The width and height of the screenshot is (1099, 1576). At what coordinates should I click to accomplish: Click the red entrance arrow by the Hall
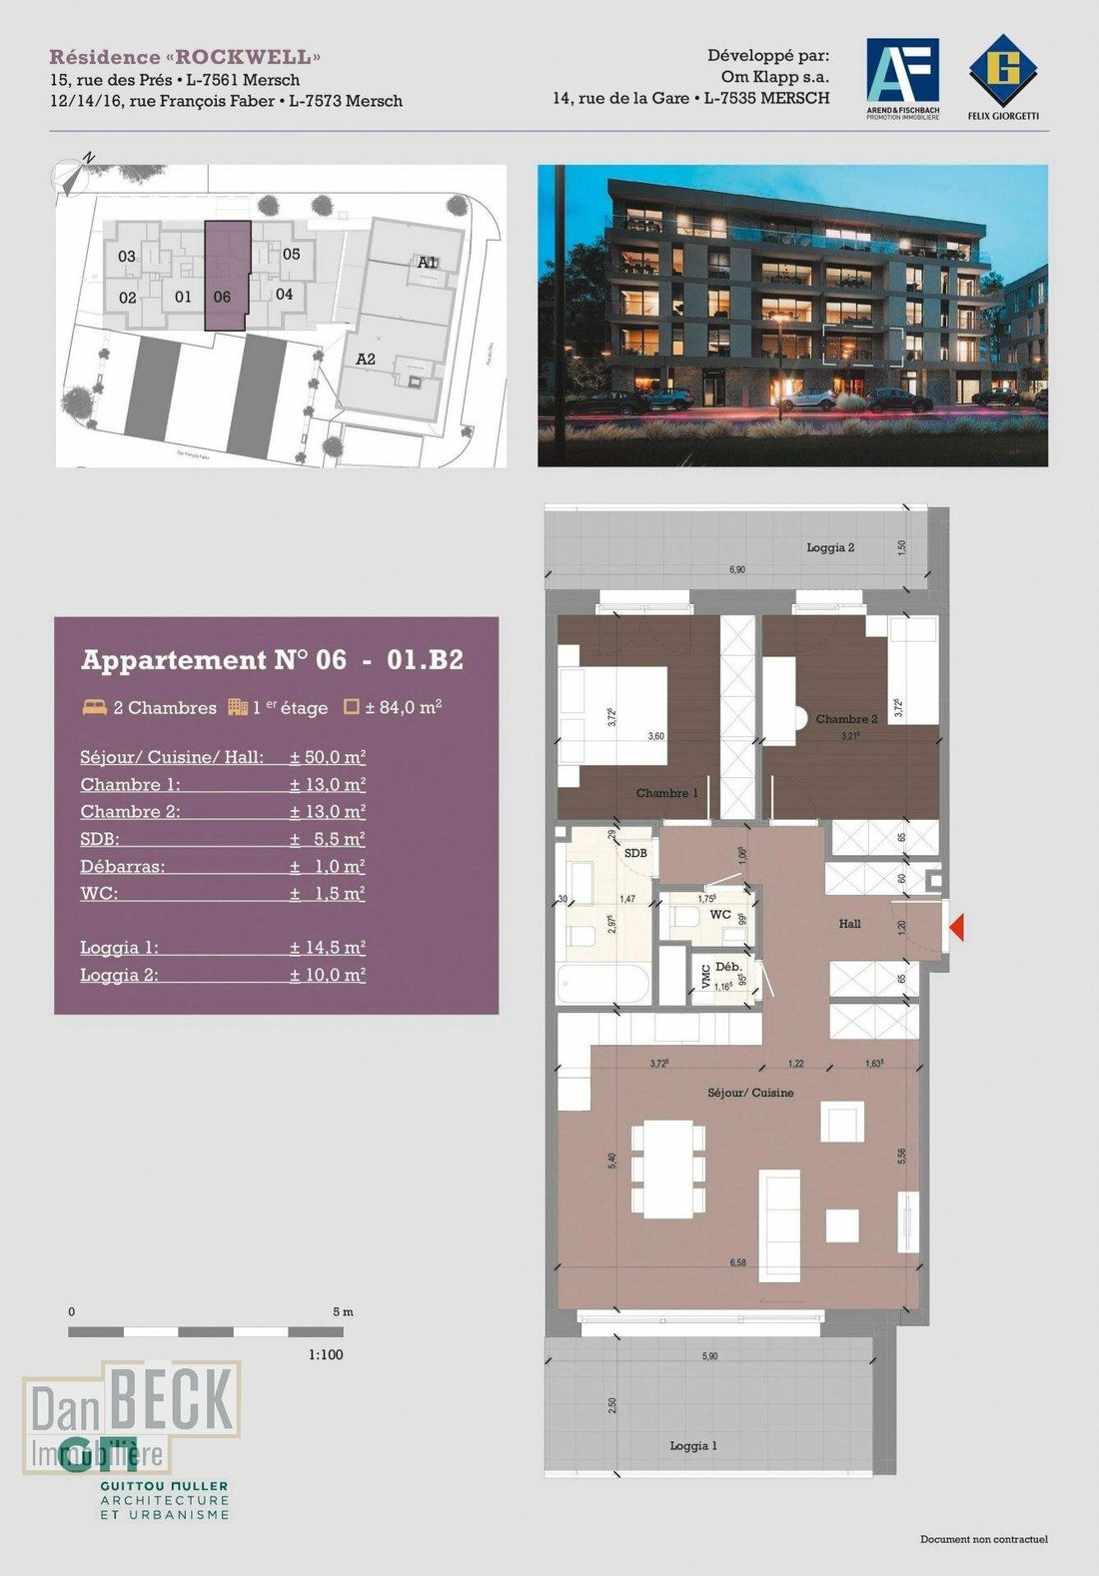pyautogui.click(x=956, y=929)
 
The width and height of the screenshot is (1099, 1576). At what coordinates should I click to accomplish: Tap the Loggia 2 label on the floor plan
pyautogui.click(x=830, y=547)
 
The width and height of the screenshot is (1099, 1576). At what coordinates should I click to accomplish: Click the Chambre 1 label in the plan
pyautogui.click(x=666, y=793)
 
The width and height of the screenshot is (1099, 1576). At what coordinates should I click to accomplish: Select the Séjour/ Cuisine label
pyautogui.click(x=750, y=1093)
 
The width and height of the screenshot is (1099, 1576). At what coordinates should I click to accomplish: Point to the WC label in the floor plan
pyautogui.click(x=719, y=915)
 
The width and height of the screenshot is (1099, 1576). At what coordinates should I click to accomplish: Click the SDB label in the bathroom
pyautogui.click(x=635, y=853)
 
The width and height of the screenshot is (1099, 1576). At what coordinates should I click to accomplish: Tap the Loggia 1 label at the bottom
pyautogui.click(x=693, y=1445)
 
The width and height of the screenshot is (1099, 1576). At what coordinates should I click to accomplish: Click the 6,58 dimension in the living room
pyautogui.click(x=737, y=1263)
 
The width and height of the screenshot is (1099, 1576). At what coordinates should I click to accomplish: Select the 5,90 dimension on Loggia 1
pyautogui.click(x=709, y=1356)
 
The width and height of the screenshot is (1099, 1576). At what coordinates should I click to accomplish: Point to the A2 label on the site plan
pyautogui.click(x=366, y=359)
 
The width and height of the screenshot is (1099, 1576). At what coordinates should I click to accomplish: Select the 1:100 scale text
pyautogui.click(x=326, y=1354)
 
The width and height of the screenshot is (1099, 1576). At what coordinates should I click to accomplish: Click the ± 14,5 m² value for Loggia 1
pyautogui.click(x=327, y=948)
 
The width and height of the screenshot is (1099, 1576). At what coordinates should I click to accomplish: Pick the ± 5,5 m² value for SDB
pyautogui.click(x=327, y=839)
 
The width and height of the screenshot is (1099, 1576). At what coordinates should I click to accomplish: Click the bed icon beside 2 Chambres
pyautogui.click(x=95, y=707)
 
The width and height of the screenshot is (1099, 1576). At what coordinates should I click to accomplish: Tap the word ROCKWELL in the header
pyautogui.click(x=244, y=57)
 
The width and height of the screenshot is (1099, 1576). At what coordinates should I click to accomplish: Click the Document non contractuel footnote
pyautogui.click(x=983, y=1539)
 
